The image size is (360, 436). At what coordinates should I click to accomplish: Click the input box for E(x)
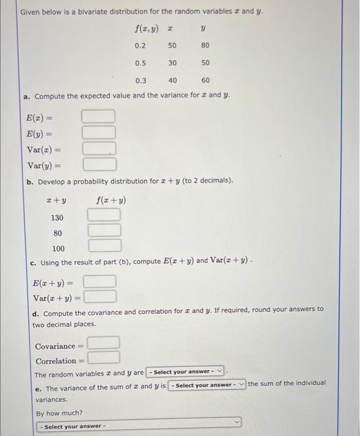pyautogui.click(x=99, y=116)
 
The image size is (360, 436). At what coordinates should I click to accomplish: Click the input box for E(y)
pyautogui.click(x=99, y=132)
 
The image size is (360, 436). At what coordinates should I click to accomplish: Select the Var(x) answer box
pyautogui.click(x=99, y=149)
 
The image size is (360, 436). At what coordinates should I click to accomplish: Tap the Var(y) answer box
pyautogui.click(x=99, y=164)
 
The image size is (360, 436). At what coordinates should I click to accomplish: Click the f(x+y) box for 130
pyautogui.click(x=103, y=215)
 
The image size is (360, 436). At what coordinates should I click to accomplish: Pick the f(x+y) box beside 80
pyautogui.click(x=103, y=230)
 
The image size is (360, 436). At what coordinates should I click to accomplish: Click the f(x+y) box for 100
pyautogui.click(x=103, y=246)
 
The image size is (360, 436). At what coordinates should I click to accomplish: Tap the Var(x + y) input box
pyautogui.click(x=100, y=296)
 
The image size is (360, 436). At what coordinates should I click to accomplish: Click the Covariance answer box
pyautogui.click(x=103, y=343)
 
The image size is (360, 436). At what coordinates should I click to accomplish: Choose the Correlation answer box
pyautogui.click(x=103, y=358)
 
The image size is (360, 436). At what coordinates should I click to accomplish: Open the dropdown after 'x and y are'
pyautogui.click(x=185, y=372)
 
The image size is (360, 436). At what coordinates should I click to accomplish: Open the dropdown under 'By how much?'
pyautogui.click(x=137, y=426)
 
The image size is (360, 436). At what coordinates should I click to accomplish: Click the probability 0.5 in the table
pyautogui.click(x=140, y=63)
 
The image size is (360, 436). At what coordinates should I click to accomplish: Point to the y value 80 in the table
pyautogui.click(x=205, y=45)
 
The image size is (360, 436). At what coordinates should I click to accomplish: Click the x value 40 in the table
pyautogui.click(x=173, y=81)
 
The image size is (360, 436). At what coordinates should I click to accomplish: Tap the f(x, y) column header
pyautogui.click(x=146, y=28)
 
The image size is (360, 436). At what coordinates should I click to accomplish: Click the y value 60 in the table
pyautogui.click(x=205, y=81)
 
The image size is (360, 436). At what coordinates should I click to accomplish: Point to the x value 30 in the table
pyautogui.click(x=173, y=63)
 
